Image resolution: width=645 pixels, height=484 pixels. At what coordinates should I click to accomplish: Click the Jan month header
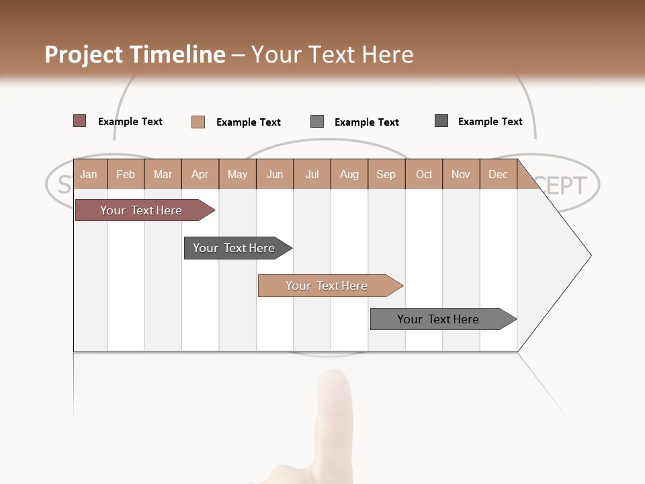[89, 174]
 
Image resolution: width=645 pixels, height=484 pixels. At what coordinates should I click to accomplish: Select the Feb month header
[126, 174]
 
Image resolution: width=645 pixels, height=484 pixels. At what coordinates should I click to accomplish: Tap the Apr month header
[200, 174]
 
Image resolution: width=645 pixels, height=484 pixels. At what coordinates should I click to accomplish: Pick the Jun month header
[275, 174]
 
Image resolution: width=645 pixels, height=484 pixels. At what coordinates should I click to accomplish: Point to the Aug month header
[349, 174]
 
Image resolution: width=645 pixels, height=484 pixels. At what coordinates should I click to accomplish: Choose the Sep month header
[386, 174]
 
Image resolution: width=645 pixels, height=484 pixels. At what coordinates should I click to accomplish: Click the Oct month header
[424, 174]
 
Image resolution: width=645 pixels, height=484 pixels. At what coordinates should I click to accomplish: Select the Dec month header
[498, 174]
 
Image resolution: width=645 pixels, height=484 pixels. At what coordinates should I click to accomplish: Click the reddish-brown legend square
[80, 121]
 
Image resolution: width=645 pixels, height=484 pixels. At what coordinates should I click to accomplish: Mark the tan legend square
[198, 122]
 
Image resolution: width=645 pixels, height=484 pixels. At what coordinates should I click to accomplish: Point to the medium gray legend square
[317, 122]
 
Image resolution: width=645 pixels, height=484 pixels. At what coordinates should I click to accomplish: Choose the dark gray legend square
[441, 121]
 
